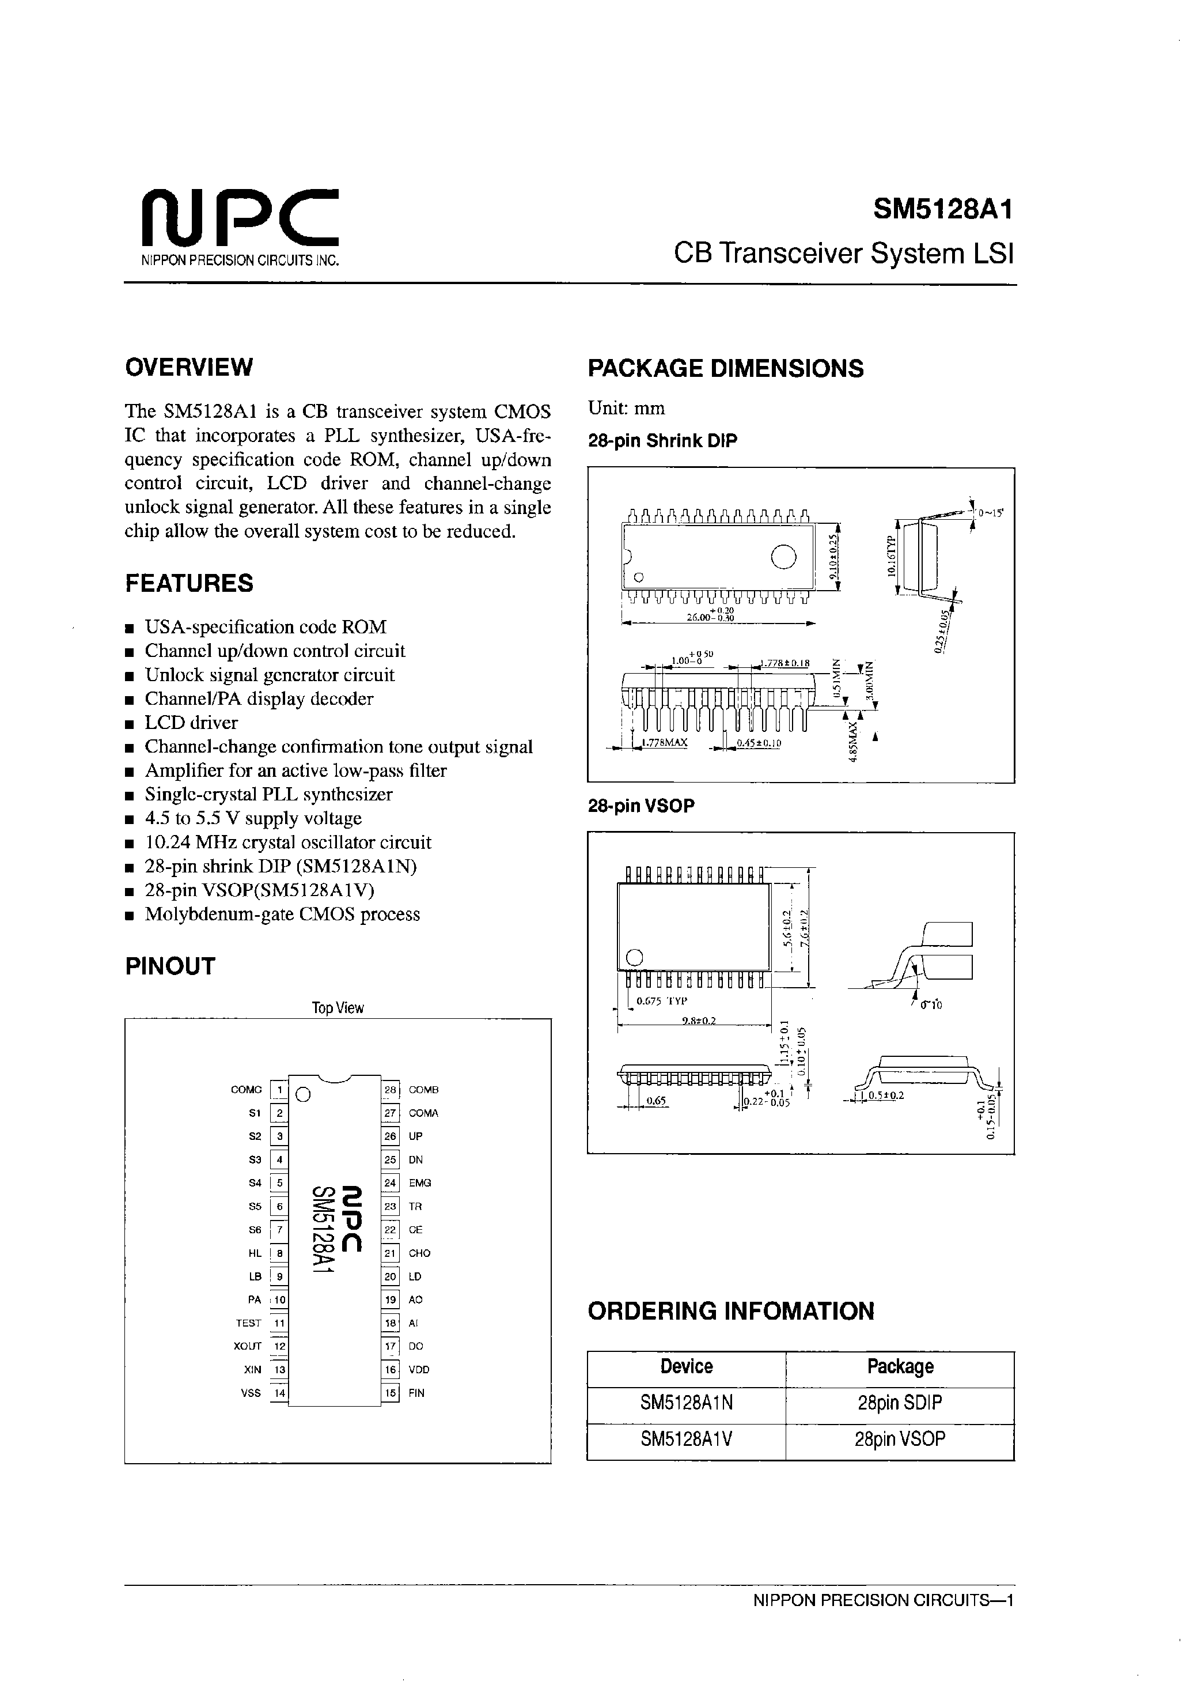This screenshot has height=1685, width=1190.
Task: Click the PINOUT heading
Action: pos(170,966)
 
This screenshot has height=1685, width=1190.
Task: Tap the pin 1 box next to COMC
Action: pos(279,1090)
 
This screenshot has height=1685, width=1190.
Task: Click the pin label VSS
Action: pos(251,1393)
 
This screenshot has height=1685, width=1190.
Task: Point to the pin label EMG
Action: pos(420,1183)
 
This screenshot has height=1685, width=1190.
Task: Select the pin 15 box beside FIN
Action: pos(391,1393)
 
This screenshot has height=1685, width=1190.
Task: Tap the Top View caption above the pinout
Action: pos(338,1008)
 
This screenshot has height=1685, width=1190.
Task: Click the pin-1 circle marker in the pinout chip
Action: pos(303,1095)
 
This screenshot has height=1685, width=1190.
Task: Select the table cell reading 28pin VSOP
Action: pos(900,1438)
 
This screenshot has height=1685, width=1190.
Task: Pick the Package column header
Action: pos(900,1366)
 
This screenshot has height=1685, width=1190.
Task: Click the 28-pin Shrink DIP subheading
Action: pos(662,441)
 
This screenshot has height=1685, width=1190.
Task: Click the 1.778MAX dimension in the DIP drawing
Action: pos(664,743)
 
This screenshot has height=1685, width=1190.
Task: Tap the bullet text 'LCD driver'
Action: pos(191,722)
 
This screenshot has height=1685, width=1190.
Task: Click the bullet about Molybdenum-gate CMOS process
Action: pos(282,914)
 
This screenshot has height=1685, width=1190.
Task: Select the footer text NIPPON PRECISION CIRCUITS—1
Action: pos(882,1601)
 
